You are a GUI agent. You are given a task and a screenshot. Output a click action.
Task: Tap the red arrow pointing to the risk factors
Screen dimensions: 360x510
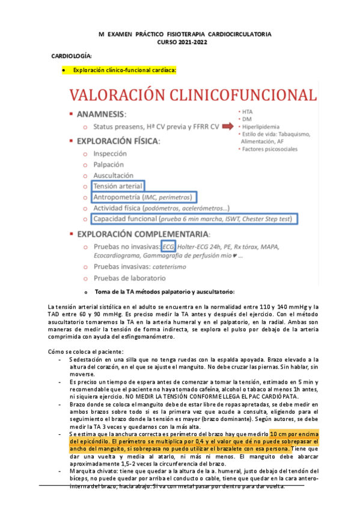pos(229,127)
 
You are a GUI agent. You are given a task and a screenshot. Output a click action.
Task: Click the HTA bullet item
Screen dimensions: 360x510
pos(247,111)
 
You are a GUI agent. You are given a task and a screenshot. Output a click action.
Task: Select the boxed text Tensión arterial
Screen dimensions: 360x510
pos(117,186)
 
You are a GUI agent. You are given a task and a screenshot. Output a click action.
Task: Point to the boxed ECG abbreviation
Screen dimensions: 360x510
pos(169,247)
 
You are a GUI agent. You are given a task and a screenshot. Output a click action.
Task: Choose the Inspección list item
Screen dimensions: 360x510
pos(110,153)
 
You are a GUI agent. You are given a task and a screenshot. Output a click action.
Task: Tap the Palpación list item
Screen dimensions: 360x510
pos(109,164)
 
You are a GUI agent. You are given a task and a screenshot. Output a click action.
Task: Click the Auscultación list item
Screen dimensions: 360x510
pos(113,175)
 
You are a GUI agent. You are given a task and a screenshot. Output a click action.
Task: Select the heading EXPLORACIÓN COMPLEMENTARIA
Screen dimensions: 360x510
pos(149,233)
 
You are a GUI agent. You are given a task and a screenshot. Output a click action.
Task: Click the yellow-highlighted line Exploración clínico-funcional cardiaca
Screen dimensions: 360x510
pos(124,70)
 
